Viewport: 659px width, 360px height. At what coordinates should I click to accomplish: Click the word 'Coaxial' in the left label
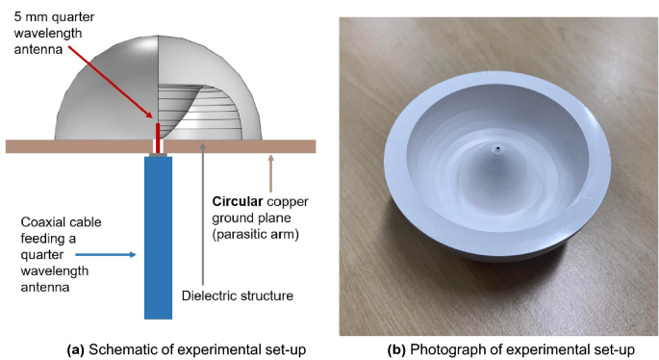coord(42,223)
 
